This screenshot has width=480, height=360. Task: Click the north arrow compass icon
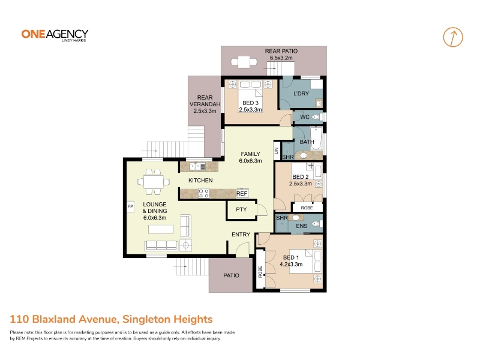[453, 37]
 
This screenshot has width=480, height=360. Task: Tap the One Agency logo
[55, 35]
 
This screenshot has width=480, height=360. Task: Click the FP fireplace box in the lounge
[130, 206]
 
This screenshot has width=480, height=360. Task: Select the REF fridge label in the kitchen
[242, 193]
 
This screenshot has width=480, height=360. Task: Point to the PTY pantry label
[241, 209]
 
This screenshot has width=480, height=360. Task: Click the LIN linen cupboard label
[277, 151]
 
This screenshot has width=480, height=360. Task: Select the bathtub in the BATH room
[316, 139]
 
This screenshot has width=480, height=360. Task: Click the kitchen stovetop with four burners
[203, 193]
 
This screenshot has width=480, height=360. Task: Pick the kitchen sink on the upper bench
[197, 166]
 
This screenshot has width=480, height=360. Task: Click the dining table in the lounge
[154, 182]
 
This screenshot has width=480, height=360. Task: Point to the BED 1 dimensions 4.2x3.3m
[291, 264]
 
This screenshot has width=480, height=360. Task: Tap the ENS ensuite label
[302, 226]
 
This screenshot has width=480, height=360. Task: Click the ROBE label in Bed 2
[307, 208]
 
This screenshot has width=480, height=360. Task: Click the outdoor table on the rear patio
[244, 62]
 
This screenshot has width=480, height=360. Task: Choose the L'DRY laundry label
[301, 94]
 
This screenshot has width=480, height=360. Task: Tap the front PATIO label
[231, 275]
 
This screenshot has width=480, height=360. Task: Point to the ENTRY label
[241, 235]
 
